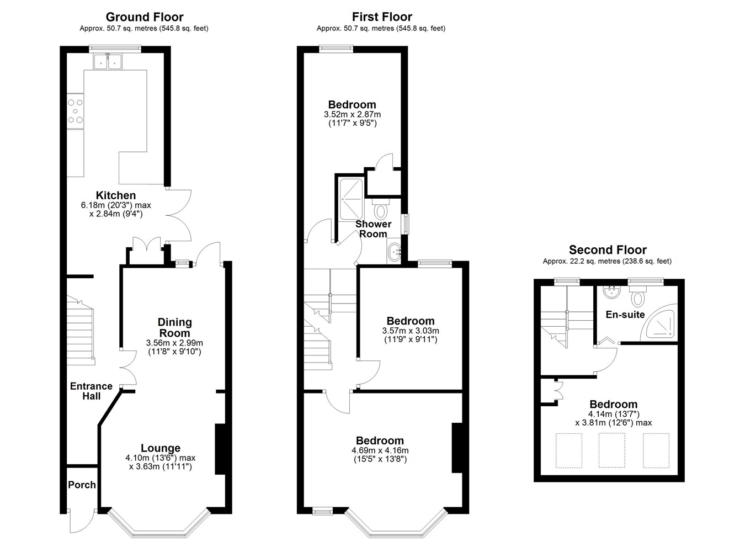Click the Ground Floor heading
[x=145, y=17]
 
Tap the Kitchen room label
[x=116, y=195]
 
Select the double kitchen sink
[x=107, y=61]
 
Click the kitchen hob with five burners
[x=76, y=111]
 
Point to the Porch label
[x=82, y=485]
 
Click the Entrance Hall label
[x=92, y=391]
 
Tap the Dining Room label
[x=174, y=327]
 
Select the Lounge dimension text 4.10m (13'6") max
[x=160, y=458]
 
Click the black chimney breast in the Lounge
[x=220, y=449]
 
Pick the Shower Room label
[x=373, y=229]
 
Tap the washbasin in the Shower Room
[x=395, y=252]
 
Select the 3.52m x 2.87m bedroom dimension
[x=352, y=114]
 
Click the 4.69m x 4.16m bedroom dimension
[x=380, y=450]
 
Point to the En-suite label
[x=625, y=315]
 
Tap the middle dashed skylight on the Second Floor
[x=612, y=450]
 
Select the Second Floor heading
[x=608, y=250]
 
